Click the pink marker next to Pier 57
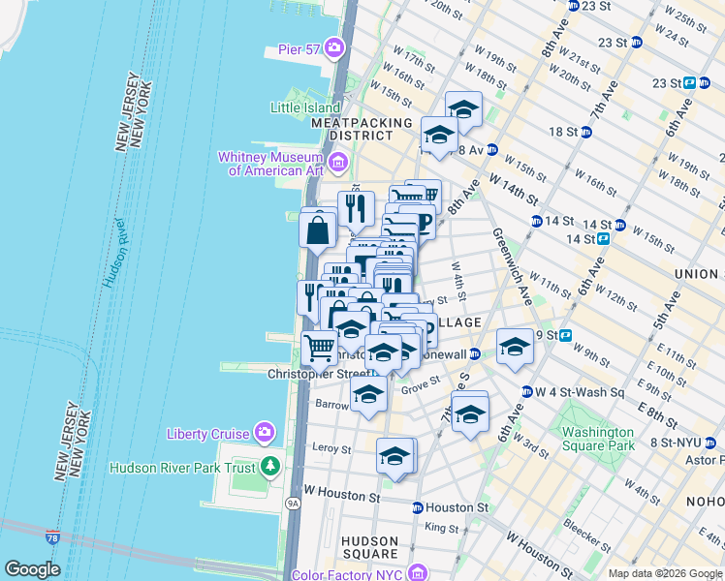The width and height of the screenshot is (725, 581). [x=334, y=46]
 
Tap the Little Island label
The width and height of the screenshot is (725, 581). [x=305, y=107]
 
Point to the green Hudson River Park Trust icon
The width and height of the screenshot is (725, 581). [x=270, y=467]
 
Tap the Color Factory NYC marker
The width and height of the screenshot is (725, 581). [x=418, y=573]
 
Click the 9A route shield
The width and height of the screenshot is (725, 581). [x=292, y=504]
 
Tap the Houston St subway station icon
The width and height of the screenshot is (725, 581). [x=417, y=507]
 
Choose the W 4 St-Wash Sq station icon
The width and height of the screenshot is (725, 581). [x=526, y=392]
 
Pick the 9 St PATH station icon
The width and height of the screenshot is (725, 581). [x=566, y=335]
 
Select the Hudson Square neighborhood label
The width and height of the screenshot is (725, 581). [x=369, y=548]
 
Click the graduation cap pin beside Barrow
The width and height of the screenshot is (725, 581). [x=368, y=394]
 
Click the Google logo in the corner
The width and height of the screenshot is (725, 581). [x=33, y=568]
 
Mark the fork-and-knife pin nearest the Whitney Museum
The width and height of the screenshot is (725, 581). [x=356, y=206]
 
